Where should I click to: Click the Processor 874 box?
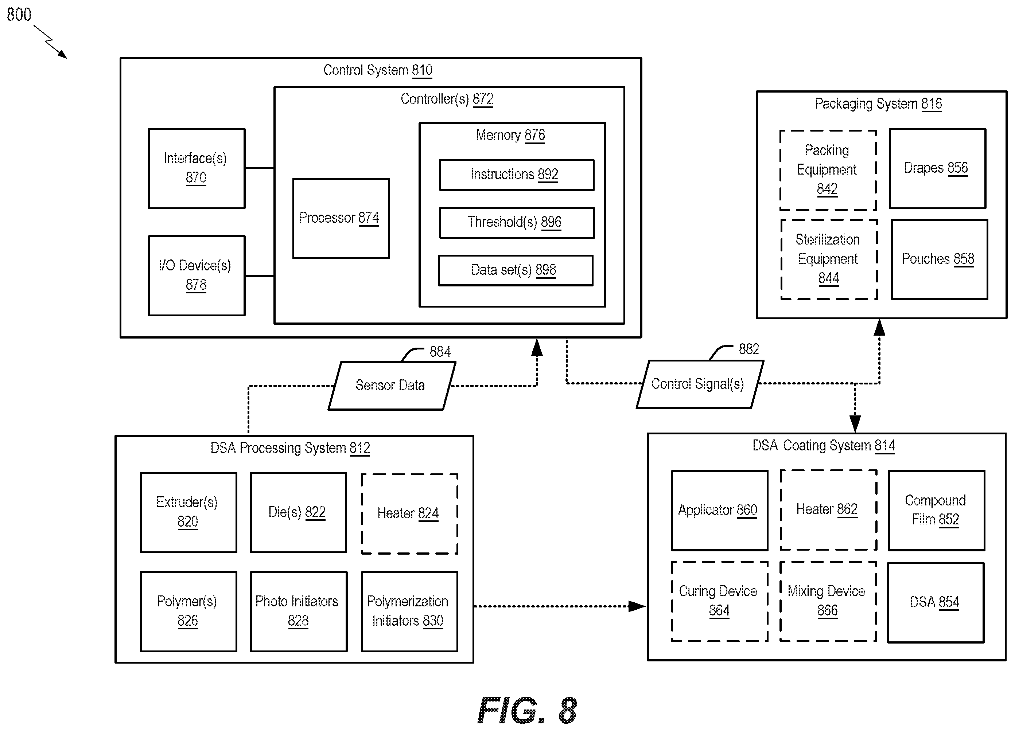pos(341,218)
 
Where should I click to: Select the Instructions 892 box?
pos(517,175)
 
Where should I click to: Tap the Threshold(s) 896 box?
pos(517,223)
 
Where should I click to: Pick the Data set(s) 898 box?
pos(516,270)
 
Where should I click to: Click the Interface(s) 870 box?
pos(197,169)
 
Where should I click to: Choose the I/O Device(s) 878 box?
pos(197,276)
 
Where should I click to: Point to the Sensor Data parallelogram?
pos(392,386)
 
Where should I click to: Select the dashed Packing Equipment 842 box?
pos(828,170)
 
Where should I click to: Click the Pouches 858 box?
pos(940,259)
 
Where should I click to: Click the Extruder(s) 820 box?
pos(188,513)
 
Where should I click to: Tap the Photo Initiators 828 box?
pos(299,611)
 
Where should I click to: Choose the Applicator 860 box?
pos(720,511)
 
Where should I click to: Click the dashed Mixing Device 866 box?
pos(828,602)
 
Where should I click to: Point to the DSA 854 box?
pos(936,603)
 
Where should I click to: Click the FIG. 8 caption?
pos(527,711)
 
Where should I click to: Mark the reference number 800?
pos(19,15)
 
